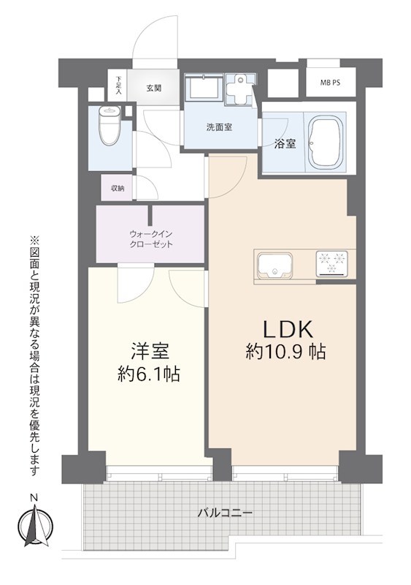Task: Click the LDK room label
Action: pos(285,327)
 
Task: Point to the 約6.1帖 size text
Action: pos(148,375)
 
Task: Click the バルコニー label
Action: pos(225,513)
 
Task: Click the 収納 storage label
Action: pos(117,188)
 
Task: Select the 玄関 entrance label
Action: pos(153,88)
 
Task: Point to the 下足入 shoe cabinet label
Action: pos(118,86)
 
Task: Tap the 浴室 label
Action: pos(285,143)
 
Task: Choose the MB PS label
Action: pos(330,83)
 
